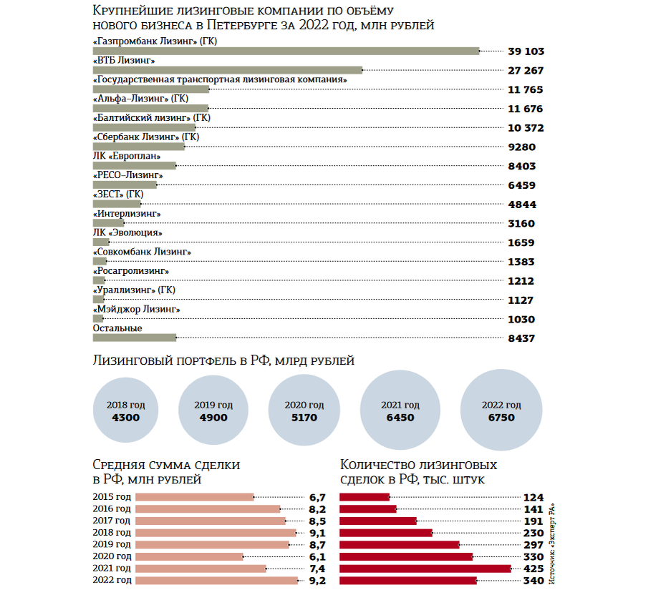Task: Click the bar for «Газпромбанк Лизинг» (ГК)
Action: tap(286, 51)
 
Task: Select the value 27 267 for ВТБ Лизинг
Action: tap(526, 71)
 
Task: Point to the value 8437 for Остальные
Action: tap(521, 339)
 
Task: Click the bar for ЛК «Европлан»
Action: tap(135, 166)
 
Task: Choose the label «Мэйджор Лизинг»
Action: tap(137, 310)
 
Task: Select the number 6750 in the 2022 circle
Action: tap(501, 418)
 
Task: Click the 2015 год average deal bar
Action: tap(194, 497)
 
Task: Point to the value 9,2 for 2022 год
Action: tap(318, 581)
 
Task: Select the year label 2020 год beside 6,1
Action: tap(112, 556)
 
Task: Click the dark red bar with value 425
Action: tap(425, 569)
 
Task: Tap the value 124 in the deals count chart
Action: tap(534, 497)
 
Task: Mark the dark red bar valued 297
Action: tap(399, 545)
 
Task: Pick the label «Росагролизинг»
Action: tap(131, 272)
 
